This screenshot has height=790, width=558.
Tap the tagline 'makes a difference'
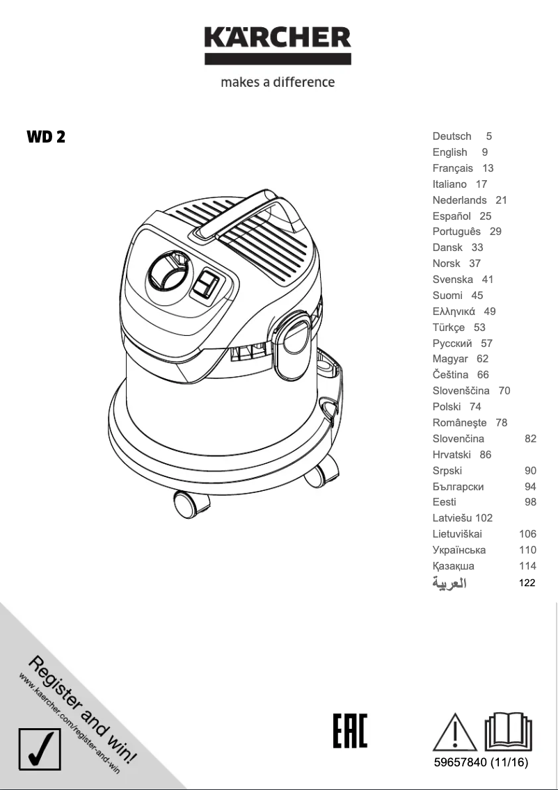coord(278,82)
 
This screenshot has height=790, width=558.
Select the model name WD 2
coord(46,137)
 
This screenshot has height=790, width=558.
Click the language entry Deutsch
coord(452,136)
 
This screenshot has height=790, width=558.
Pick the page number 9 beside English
coord(485,152)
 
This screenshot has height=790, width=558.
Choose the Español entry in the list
coord(452,216)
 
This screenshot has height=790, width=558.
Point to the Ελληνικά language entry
coord(454,312)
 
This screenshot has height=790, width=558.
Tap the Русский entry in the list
coord(452,344)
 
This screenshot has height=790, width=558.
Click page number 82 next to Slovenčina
coord(530,439)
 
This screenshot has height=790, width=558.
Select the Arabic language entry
coord(449,583)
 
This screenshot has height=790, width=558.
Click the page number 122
coord(527,583)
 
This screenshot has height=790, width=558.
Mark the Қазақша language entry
coord(453,566)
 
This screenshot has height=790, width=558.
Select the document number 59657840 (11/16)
coord(481,764)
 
